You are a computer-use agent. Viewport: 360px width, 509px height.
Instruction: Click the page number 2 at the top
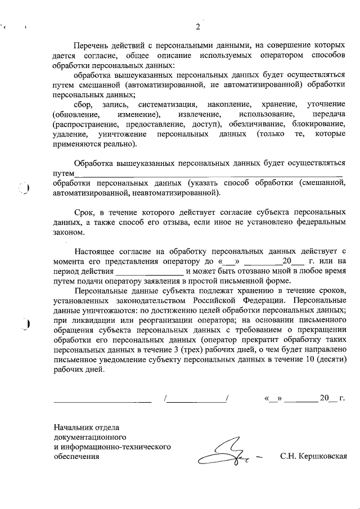[198, 27]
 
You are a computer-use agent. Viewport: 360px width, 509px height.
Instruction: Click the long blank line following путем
[208, 173]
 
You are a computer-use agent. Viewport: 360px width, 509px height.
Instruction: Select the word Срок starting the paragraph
[84, 211]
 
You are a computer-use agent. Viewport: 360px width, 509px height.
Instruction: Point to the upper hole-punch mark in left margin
[26, 188]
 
